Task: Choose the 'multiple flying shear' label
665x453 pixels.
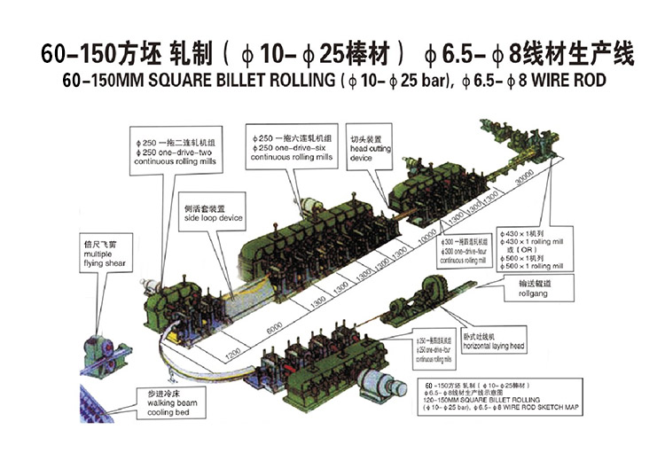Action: tap(95, 253)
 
